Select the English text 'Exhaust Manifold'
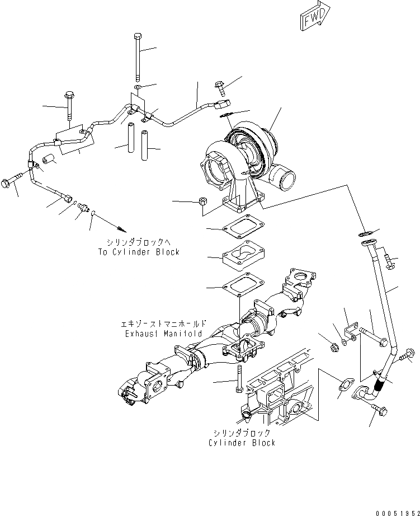tap(163, 334)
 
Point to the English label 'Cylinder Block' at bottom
tap(242, 443)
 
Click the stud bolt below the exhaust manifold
tap(239, 379)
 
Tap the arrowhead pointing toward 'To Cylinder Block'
tap(121, 229)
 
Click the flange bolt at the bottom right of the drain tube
tap(380, 410)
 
